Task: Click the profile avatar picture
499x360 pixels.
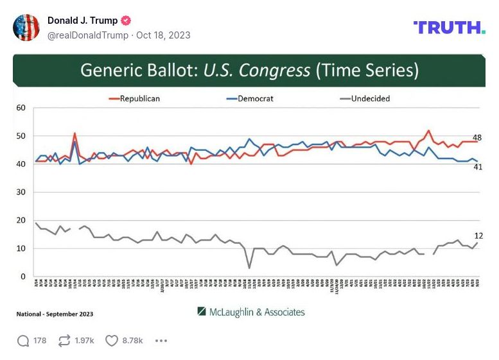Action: point(26,28)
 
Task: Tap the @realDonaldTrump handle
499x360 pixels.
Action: point(88,35)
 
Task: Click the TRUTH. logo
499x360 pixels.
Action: point(449,28)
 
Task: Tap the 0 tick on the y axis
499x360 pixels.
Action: point(22,277)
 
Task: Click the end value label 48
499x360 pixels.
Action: point(477,138)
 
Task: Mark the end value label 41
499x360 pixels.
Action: point(477,167)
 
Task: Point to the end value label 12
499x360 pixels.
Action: point(478,236)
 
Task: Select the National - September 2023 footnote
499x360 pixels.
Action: point(55,314)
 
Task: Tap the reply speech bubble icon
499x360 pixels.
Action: point(23,341)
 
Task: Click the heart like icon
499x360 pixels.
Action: point(112,341)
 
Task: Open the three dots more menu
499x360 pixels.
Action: point(161,341)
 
